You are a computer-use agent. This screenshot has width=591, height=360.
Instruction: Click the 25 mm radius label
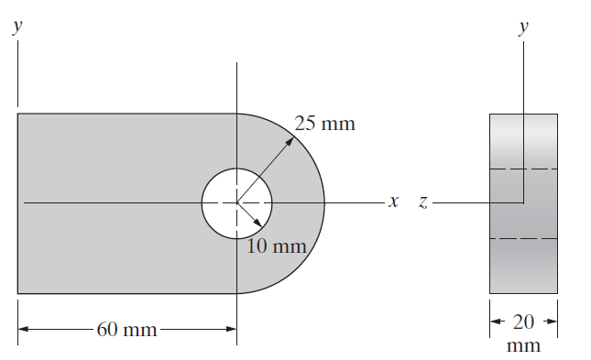pos(324,124)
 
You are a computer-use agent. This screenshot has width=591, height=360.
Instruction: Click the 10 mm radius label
pos(277,246)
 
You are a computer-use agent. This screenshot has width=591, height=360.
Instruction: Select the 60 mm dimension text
pos(126,329)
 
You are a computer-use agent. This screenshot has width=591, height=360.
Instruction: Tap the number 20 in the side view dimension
pos(523,322)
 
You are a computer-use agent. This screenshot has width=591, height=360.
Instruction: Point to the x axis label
pos(393,202)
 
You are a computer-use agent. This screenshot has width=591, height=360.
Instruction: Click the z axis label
pos(423,202)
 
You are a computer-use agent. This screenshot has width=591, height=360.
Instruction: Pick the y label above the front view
pos(17,27)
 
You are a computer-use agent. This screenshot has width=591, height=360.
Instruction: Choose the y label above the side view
pos(523,27)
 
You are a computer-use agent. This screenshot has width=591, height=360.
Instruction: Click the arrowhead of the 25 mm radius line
pos(290,140)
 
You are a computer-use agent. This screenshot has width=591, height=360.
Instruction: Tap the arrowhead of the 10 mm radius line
pos(258,224)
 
